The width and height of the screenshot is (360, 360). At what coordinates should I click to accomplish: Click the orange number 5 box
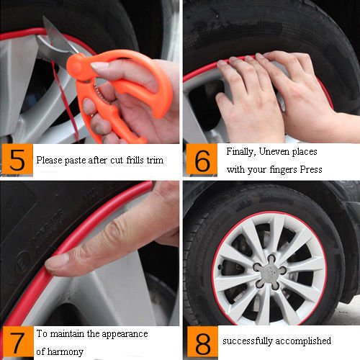[17, 159]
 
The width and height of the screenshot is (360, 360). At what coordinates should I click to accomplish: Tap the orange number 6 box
[202, 160]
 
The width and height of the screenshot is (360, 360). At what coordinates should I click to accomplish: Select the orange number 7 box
[18, 342]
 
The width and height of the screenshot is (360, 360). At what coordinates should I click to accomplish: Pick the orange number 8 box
[202, 342]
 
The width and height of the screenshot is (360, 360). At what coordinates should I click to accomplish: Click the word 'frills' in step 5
[135, 160]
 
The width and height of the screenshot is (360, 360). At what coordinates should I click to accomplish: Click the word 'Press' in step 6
[311, 169]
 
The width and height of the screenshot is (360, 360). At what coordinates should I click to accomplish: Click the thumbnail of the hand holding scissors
[99, 65]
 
